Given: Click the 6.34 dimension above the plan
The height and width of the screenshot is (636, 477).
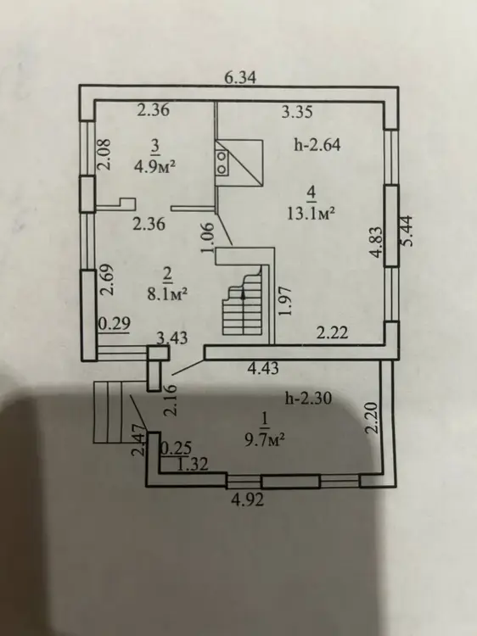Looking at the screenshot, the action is tap(241, 77).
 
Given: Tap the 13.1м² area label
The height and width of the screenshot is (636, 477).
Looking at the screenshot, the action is tap(311, 213).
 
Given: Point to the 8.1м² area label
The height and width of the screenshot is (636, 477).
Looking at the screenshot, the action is tap(167, 293).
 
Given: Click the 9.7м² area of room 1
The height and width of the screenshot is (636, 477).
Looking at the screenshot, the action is tap(264, 439).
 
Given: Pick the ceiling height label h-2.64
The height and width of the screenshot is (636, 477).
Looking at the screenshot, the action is tap(317, 145).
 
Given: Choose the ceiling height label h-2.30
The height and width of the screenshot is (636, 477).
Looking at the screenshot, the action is tap(308, 399).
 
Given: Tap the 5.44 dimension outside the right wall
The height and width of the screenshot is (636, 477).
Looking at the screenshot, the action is tap(407, 231).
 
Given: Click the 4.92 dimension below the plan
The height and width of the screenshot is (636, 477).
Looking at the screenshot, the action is tap(247, 499).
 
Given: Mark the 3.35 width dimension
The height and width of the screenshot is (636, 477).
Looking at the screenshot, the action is tap(297, 112).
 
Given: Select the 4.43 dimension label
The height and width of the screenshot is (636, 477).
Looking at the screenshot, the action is tap(263, 368).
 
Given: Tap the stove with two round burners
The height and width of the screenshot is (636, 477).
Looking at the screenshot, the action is tap(222, 162).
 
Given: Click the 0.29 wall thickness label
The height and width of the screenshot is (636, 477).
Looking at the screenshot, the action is tap(115, 324).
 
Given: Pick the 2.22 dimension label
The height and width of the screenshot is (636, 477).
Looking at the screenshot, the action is tap(332, 332).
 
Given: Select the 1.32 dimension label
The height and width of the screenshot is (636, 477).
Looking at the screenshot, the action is tap(193, 464).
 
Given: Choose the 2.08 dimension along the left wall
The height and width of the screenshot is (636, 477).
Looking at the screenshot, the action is tap(103, 154).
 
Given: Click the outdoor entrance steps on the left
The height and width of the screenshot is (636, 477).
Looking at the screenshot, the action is tap(108, 411).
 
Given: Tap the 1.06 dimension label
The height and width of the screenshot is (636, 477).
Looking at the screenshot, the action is tap(207, 237).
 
